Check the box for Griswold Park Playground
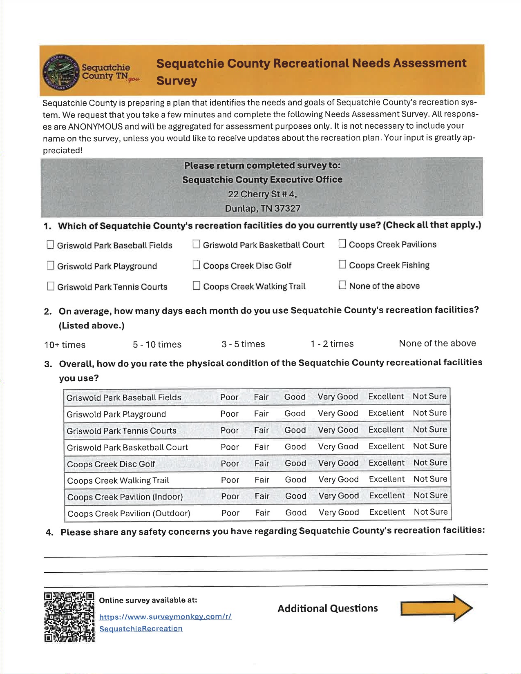point(51,266)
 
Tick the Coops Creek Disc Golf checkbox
point(197,265)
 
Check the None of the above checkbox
point(342,285)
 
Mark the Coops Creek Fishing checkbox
point(342,265)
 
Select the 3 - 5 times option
point(243,344)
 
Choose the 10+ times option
point(65,345)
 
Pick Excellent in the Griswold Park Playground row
point(386,413)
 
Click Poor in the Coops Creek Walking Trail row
point(230,480)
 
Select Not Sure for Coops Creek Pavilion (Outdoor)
point(431,512)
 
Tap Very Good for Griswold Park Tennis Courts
point(338,430)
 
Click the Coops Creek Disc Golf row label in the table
point(111,464)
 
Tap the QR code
point(69,617)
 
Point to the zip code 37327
point(287,208)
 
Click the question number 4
point(50,532)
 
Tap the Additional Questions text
point(328,608)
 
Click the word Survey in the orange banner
point(177,80)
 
